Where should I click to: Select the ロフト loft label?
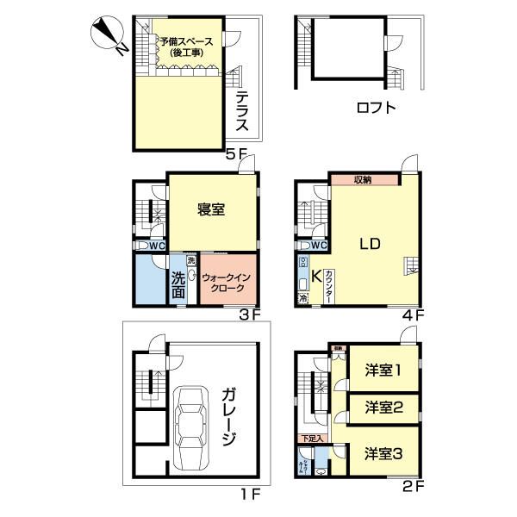376,108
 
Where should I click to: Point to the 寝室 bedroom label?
211,209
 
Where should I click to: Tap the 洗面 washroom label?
177,285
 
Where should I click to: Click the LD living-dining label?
370,244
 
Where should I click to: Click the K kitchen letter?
316,277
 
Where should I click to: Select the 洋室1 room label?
384,371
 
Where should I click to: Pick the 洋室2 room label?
384,407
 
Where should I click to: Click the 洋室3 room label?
384,453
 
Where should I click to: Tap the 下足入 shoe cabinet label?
312,439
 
